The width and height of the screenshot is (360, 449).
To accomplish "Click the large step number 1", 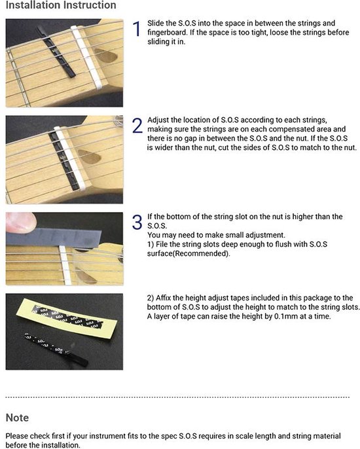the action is point(137,29).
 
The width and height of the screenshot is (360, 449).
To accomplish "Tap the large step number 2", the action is point(137,126).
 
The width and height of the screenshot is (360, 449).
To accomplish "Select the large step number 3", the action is point(137,223).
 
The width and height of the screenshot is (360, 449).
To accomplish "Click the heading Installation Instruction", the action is point(61,5).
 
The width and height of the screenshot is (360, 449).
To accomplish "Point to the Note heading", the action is point(17,418).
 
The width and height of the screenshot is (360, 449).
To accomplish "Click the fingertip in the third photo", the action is point(21,223).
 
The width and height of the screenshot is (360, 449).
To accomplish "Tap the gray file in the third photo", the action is point(54,237).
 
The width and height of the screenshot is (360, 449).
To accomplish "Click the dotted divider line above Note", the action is point(177,397).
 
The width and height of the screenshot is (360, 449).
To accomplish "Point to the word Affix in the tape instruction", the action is point(163,298).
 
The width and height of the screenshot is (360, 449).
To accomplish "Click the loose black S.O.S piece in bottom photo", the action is point(56,350).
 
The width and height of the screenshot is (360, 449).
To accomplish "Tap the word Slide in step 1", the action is point(155,23).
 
